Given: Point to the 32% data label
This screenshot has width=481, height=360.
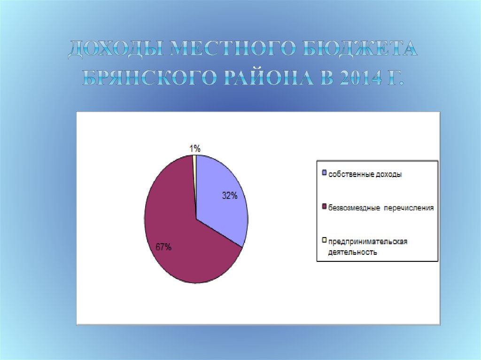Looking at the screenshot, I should pyautogui.click(x=229, y=196).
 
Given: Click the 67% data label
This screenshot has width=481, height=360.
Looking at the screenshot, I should pyautogui.click(x=163, y=247).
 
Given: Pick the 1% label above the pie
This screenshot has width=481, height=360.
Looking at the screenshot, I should pyautogui.click(x=195, y=149).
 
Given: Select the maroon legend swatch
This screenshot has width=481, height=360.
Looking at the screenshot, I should pyautogui.click(x=324, y=207).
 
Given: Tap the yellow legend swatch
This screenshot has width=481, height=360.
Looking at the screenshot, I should pyautogui.click(x=324, y=241).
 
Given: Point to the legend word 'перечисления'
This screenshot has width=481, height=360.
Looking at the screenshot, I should pyautogui.click(x=410, y=207).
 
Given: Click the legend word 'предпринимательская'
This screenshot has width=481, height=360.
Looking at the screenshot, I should pyautogui.click(x=367, y=241).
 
